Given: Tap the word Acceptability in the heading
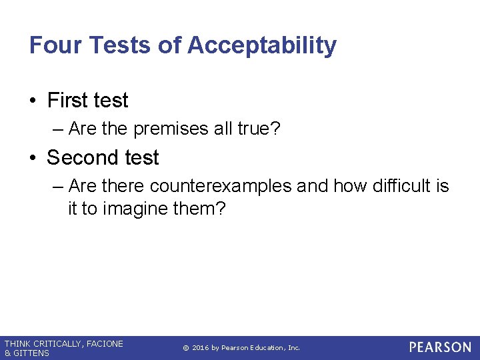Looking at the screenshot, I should [x=262, y=45].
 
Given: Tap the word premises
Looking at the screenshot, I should [x=171, y=129].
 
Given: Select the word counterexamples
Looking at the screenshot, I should [x=221, y=186].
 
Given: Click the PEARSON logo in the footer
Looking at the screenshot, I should [x=440, y=347].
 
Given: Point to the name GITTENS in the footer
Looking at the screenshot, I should [x=31, y=353].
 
